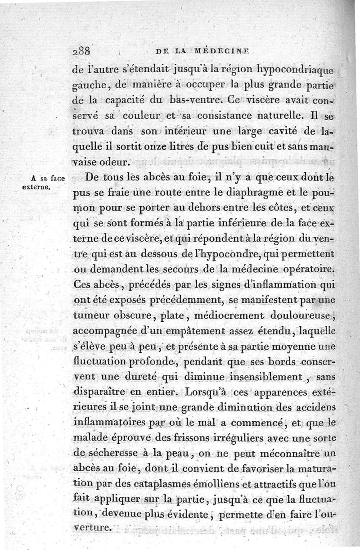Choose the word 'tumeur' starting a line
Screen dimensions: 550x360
click(91, 316)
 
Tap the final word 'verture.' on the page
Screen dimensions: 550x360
click(92, 527)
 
